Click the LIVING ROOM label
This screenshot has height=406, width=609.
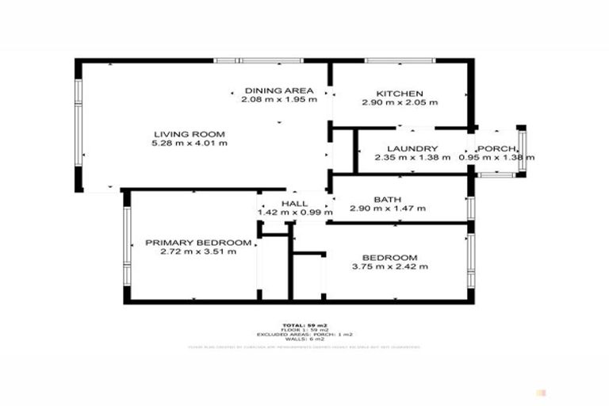pos(190,133)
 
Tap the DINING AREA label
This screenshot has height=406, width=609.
pos(279,90)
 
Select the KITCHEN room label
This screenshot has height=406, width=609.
pos(400,93)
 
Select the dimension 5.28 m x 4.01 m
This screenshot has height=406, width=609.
pos(190,144)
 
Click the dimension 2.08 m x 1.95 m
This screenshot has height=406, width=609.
pos(279,100)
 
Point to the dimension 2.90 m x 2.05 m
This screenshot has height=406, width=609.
pos(400,102)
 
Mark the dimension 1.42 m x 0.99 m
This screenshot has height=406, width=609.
pos(293,213)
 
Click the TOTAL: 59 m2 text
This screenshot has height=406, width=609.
pos(305,325)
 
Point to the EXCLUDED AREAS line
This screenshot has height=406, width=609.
pos(305,335)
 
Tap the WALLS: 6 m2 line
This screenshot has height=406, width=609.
pos(305,339)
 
